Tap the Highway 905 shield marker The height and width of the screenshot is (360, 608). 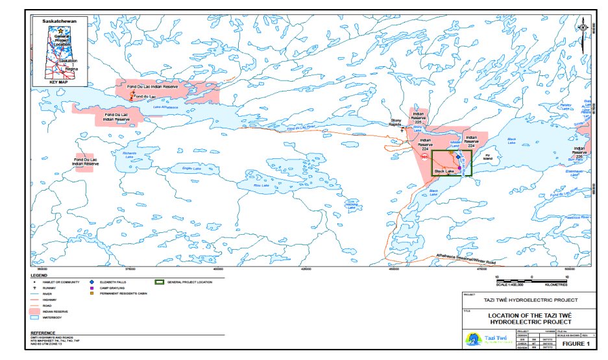point(424,156)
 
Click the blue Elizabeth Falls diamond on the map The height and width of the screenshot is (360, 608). point(457,156)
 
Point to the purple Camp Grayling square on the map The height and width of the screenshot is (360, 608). point(460,168)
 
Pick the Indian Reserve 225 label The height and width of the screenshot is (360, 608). point(419,117)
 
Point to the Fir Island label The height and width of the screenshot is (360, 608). point(489,156)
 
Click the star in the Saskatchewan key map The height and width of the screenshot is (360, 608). point(60,30)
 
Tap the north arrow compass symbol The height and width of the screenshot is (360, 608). point(582,27)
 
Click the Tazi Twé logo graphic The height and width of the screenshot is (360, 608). point(472,339)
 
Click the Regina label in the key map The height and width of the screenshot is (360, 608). point(71,68)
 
